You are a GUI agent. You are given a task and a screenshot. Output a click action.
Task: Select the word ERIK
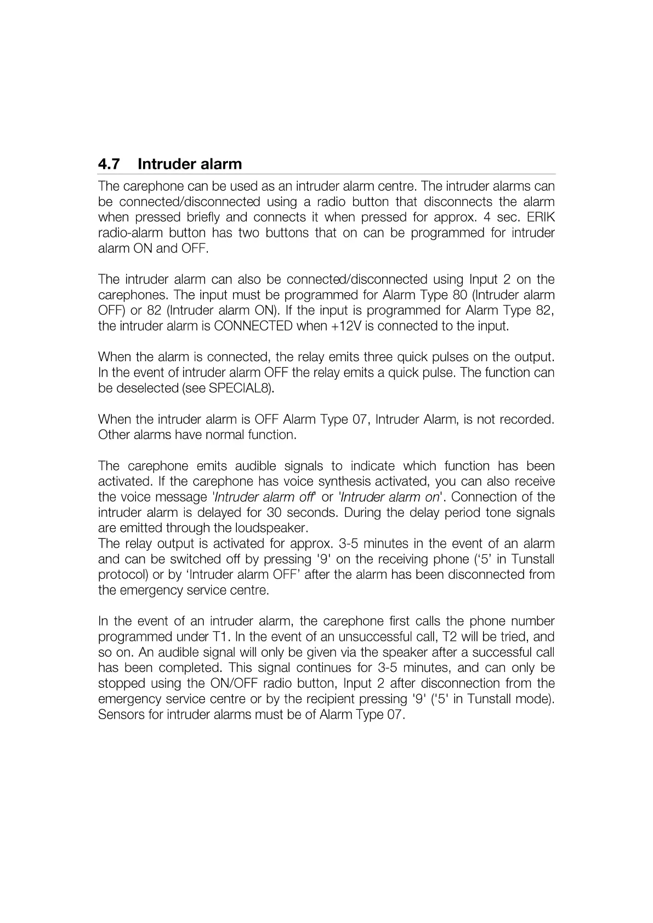coord(541,217)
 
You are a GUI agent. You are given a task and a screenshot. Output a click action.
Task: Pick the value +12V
coord(345,327)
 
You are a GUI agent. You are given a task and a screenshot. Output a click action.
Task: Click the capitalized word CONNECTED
coord(253,327)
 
